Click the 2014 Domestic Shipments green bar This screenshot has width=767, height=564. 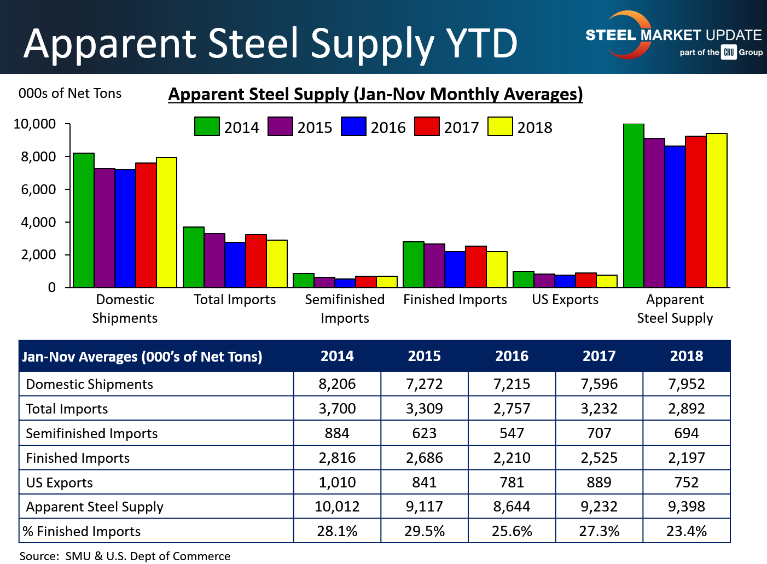[84, 220]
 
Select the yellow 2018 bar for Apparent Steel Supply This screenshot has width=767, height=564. [716, 211]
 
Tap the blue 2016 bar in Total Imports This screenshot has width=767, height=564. [235, 265]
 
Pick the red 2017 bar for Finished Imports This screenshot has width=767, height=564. [476, 267]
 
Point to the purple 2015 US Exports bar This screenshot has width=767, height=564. [544, 281]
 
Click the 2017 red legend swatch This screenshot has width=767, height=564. [427, 126]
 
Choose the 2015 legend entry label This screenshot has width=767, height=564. [315, 127]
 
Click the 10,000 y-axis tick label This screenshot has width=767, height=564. [34, 124]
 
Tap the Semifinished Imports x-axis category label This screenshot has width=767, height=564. [345, 309]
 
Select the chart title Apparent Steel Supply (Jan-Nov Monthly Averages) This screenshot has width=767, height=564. [375, 94]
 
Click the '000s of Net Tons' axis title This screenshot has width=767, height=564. [70, 94]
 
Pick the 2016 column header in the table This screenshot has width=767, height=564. [512, 356]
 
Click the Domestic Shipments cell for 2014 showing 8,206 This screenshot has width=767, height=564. [337, 384]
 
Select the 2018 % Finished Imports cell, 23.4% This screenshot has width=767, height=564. [687, 531]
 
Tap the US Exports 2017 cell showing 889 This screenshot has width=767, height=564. [599, 482]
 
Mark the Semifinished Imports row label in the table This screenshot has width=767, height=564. [92, 433]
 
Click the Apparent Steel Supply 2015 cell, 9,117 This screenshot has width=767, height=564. [425, 507]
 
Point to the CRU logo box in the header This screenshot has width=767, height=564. [729, 53]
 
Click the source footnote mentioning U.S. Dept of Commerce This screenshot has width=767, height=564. [125, 556]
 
